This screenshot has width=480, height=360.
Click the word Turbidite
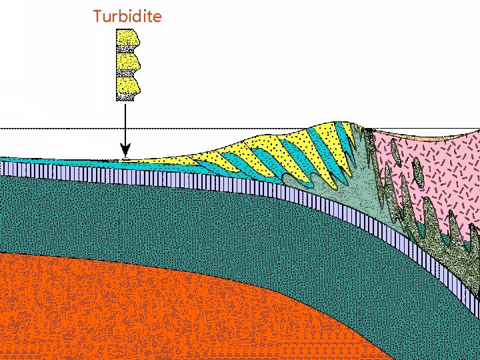pos(127,16)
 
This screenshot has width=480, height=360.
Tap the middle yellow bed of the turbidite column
pos(126,61)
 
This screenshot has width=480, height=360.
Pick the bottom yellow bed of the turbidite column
pos(126,85)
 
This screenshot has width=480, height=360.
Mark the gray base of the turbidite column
pos(125,97)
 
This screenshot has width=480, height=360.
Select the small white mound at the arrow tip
pos(125,159)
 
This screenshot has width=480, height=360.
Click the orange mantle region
pos(133,307)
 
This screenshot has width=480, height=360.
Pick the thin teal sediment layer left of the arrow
pos(53,161)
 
